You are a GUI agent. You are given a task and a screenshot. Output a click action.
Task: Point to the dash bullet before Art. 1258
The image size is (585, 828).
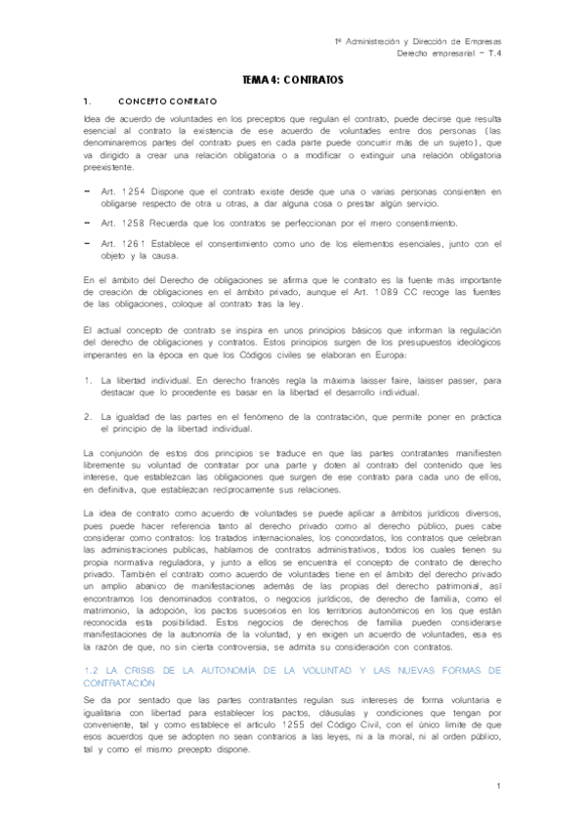pyautogui.click(x=88, y=225)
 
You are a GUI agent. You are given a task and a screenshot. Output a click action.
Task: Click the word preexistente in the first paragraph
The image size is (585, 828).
pyautogui.click(x=111, y=165)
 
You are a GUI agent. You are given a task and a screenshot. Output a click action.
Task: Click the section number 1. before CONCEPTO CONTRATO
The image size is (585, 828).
pyautogui.click(x=88, y=101)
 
